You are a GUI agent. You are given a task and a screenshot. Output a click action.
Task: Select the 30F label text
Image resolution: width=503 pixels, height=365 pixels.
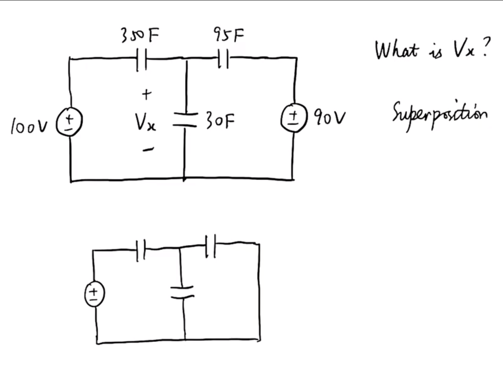pyautogui.click(x=220, y=120)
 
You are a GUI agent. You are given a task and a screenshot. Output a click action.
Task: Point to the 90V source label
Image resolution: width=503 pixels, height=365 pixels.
pyautogui.click(x=329, y=118)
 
